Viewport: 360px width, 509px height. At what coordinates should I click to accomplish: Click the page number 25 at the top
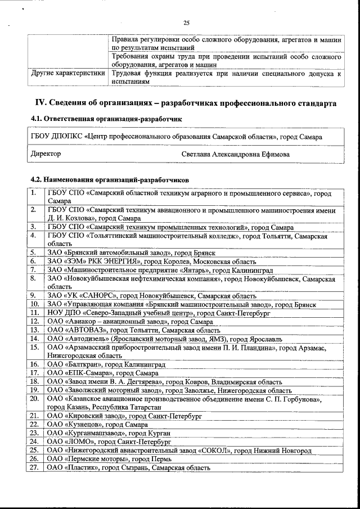[186, 23]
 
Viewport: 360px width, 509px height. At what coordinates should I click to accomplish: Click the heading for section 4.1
[106, 119]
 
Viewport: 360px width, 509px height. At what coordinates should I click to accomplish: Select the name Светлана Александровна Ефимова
[236, 154]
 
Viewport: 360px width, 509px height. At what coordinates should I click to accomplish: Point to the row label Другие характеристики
[68, 73]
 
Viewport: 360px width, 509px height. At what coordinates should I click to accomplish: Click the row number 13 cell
[34, 330]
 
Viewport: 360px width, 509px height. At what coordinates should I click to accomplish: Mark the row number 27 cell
[34, 468]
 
